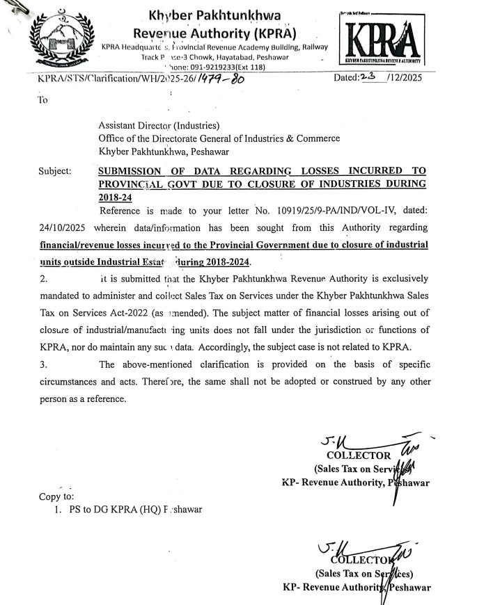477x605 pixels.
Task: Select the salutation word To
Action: coord(43,99)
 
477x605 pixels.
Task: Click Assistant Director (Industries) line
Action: coord(159,126)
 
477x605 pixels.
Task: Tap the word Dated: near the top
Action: coord(345,79)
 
